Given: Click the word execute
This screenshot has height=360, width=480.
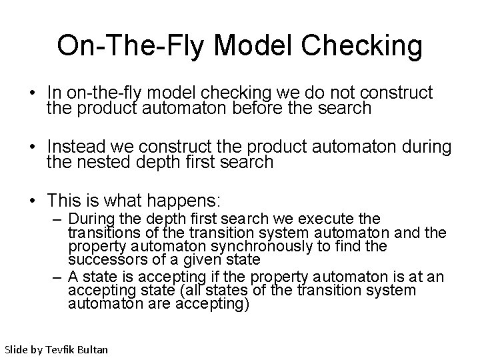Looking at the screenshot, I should tap(323, 219).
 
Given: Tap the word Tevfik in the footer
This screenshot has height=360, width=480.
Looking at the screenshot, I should tap(60, 349).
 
